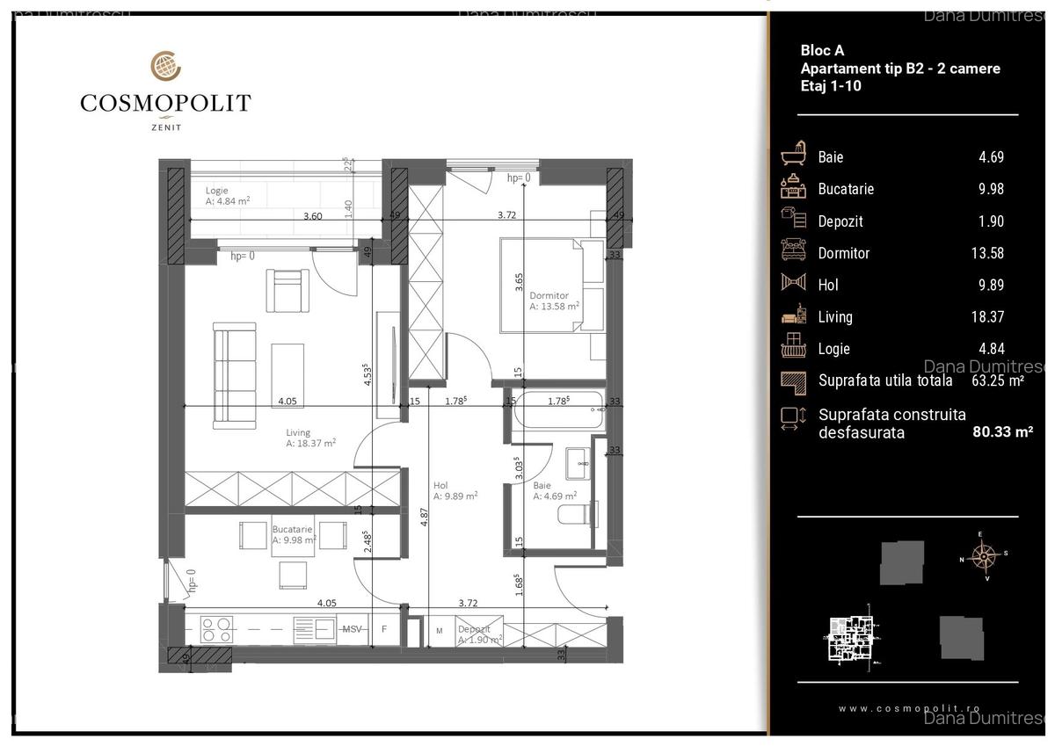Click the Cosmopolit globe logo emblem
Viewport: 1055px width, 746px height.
(165, 67)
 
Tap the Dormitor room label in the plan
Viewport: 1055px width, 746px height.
(549, 296)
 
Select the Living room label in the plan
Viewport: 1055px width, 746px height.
(298, 432)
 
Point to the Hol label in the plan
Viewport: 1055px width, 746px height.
(441, 484)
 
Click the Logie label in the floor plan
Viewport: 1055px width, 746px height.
(217, 190)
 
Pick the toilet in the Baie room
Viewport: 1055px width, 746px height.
(579, 513)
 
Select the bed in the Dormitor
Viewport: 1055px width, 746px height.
(552, 286)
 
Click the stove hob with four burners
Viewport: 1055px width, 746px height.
(215, 628)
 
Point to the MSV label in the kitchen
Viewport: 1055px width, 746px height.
(352, 629)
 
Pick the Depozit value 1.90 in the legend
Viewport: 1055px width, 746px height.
(991, 221)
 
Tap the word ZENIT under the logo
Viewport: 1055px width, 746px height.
(165, 127)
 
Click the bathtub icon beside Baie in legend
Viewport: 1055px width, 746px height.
(794, 156)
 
